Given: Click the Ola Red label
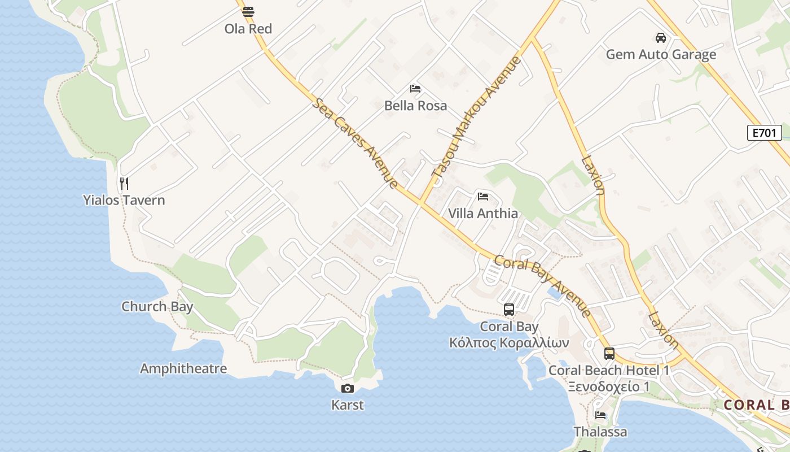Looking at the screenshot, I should point(248,29).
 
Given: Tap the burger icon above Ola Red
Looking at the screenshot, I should point(248,11).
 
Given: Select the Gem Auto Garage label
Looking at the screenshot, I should point(661,55).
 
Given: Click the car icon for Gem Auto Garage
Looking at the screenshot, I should point(660,38).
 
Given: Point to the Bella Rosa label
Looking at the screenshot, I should point(415,106).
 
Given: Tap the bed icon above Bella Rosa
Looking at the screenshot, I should point(415,89).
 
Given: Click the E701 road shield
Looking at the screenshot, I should point(765,133).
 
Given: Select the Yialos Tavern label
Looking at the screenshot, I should point(124,200).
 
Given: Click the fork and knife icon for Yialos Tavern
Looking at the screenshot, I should point(124,183).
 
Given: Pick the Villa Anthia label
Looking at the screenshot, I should point(483,214).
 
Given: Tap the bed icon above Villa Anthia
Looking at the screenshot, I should point(483,197).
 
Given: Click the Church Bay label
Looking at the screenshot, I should point(157,307).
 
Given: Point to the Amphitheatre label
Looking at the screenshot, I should point(183,369).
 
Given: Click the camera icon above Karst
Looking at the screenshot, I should point(348,388).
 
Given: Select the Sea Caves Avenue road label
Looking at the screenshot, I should point(356,144).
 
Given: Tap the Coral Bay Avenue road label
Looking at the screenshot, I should point(542,286).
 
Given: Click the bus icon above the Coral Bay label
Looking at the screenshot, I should point(509,310).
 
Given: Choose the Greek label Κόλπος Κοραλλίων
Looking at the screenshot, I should point(509,343).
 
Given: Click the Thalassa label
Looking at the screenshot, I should point(600,432).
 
